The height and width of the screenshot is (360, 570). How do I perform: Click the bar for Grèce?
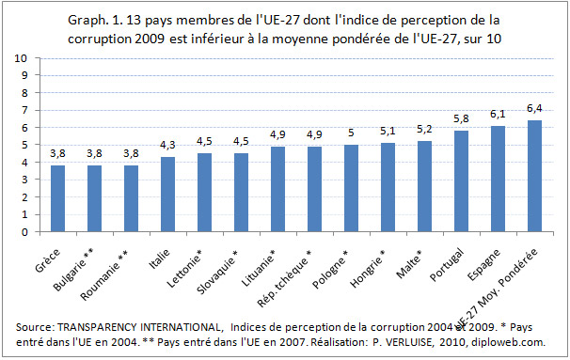click(58, 198)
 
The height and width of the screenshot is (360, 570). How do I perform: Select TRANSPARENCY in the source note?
click(106, 325)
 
